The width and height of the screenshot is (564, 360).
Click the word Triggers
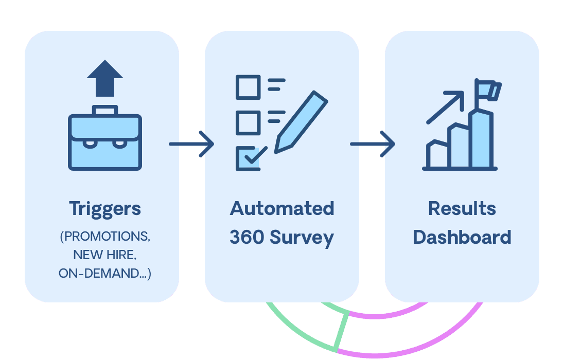pos(105,209)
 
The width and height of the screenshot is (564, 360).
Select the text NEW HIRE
pos(105,255)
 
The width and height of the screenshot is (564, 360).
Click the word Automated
pos(282,209)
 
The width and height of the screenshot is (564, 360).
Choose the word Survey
pos(302,238)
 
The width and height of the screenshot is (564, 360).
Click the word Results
pos(462,209)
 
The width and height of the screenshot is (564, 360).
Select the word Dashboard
pos(462,238)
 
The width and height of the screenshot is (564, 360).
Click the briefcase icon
pos(105,141)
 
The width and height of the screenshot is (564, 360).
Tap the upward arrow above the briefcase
pos(105,77)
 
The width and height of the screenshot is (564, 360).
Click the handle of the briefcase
pos(105,110)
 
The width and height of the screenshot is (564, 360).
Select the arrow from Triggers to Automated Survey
pos(191,144)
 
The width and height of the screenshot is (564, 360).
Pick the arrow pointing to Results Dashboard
pos(372,144)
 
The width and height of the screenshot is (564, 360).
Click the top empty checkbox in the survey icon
pos(248,87)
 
